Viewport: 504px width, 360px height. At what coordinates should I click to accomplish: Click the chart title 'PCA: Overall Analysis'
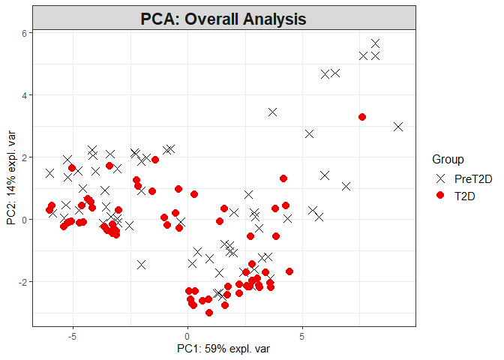coord(223,19)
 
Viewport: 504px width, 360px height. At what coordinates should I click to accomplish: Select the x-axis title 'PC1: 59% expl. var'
coord(223,349)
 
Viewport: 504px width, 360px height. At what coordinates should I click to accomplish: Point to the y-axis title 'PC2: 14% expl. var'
coord(11,178)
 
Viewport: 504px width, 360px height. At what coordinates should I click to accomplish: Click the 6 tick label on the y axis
coord(24,33)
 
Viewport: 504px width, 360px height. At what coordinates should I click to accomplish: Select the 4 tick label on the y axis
coord(24,95)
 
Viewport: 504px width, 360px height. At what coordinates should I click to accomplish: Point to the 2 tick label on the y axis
coord(24,157)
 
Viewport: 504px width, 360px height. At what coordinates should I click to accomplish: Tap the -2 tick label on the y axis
coord(22,281)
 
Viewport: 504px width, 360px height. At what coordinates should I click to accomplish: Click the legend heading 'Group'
coord(448,159)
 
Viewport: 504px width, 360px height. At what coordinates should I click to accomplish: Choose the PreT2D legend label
coord(475,178)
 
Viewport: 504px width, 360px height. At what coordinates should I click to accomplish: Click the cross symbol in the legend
coord(441,178)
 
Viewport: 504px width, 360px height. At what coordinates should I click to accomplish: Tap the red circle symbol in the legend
coord(441,195)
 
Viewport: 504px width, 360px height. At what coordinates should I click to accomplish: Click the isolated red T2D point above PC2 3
coord(362,117)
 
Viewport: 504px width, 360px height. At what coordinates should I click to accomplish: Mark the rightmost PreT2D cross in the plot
coord(398,127)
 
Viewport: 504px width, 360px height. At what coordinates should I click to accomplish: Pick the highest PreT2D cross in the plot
coord(375,43)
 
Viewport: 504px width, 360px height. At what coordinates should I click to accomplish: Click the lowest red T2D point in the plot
coord(209,312)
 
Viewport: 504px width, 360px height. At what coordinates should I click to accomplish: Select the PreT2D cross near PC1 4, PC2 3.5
coord(273,112)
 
